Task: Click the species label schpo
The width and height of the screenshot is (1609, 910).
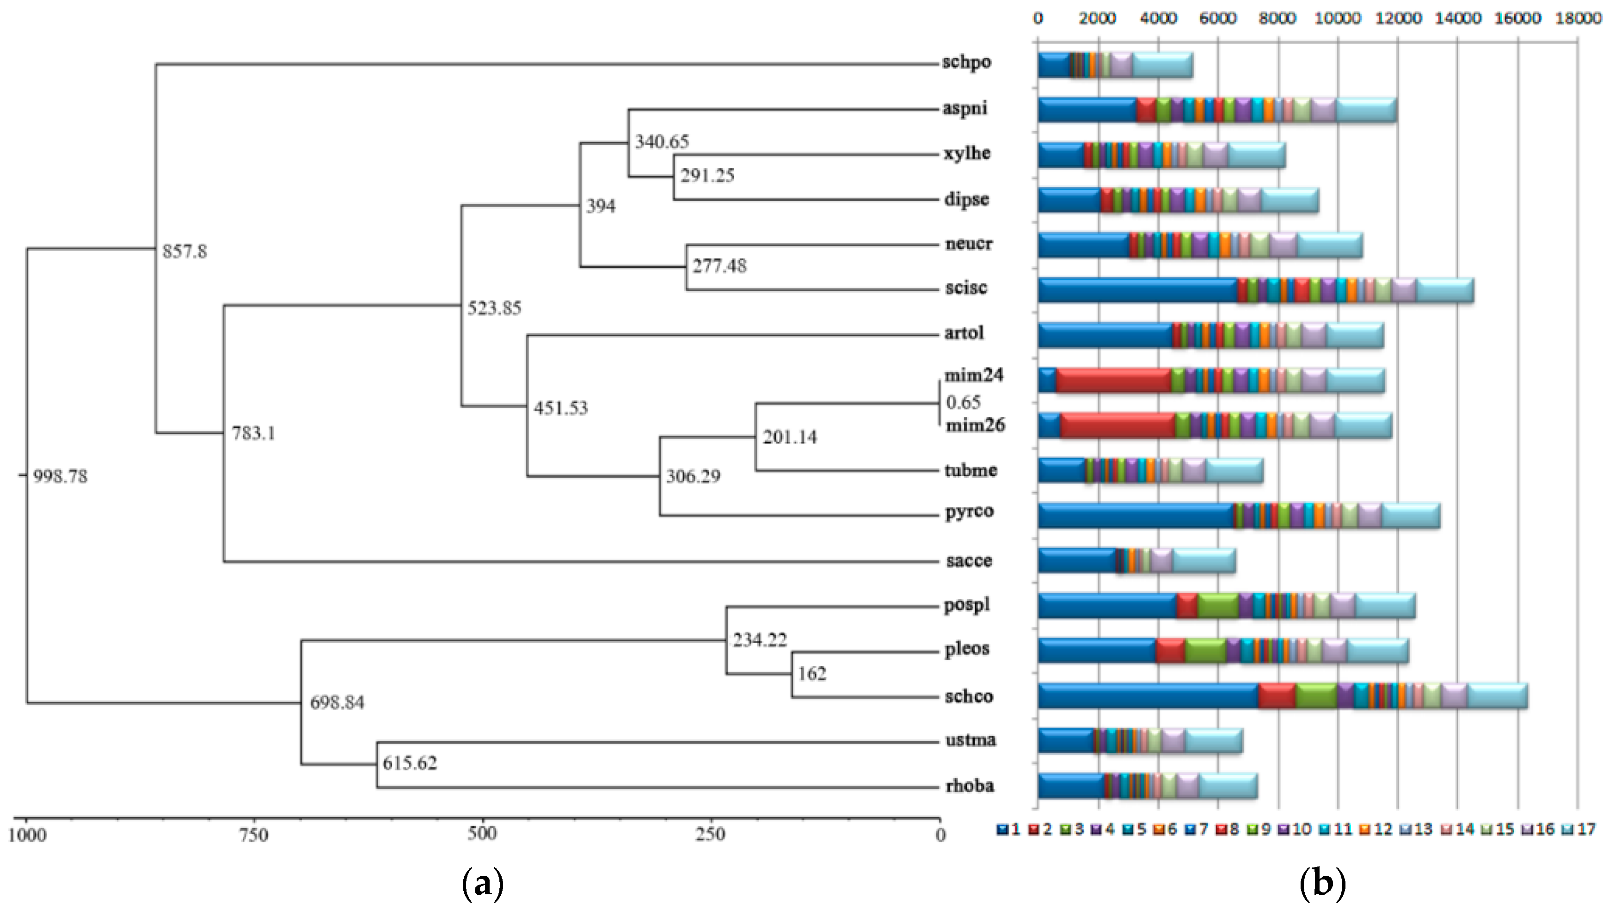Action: (966, 62)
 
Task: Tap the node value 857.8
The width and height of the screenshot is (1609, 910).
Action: (184, 251)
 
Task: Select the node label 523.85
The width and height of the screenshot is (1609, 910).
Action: (494, 307)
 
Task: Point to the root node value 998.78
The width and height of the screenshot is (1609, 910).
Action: (60, 476)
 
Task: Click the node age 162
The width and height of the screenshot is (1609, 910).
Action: (812, 673)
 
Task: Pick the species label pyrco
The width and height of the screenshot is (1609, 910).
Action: (969, 511)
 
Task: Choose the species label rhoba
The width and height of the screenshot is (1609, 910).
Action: (969, 786)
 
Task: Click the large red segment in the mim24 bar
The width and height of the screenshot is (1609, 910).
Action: (1113, 380)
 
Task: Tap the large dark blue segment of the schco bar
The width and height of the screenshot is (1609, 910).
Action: (1148, 695)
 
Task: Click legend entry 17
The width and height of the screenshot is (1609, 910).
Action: (1579, 830)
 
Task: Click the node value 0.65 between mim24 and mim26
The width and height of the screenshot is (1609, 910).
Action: (963, 402)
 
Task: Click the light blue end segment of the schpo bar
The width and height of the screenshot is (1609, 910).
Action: (1162, 65)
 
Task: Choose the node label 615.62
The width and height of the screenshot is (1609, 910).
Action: (410, 763)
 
